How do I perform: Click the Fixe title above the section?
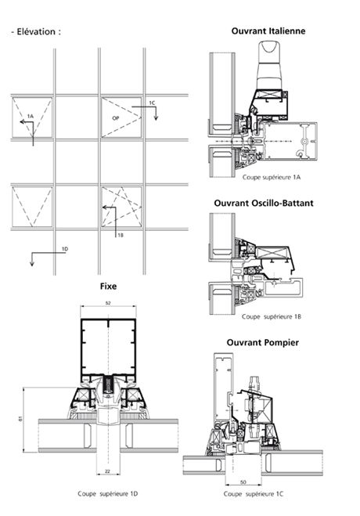[108, 287]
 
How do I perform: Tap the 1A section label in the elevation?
[30, 116]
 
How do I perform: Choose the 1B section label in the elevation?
[121, 234]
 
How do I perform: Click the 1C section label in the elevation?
[153, 103]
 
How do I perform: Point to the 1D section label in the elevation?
[65, 248]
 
